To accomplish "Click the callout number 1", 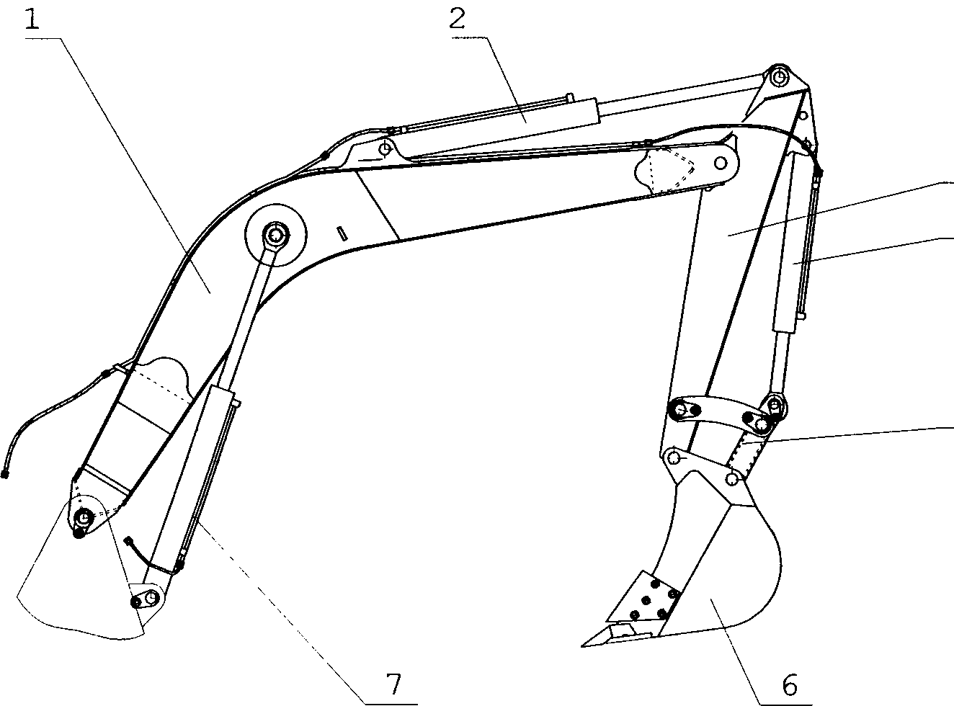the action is click(x=32, y=19).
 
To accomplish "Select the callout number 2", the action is click(x=458, y=19).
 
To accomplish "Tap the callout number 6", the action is click(x=790, y=684).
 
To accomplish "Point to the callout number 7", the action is click(x=393, y=684).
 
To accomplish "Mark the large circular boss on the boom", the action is click(x=276, y=235).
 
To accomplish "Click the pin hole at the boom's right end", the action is click(x=720, y=163).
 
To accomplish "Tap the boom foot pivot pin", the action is click(x=84, y=517).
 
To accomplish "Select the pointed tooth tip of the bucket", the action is click(x=582, y=645).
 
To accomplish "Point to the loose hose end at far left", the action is click(x=5, y=475).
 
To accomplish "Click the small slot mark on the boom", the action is click(x=343, y=233).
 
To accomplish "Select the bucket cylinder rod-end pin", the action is click(x=775, y=405).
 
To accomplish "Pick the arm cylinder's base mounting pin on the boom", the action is click(x=384, y=149).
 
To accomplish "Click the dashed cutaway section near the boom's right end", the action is click(x=664, y=170).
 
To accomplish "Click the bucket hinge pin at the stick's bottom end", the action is click(x=675, y=458).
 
